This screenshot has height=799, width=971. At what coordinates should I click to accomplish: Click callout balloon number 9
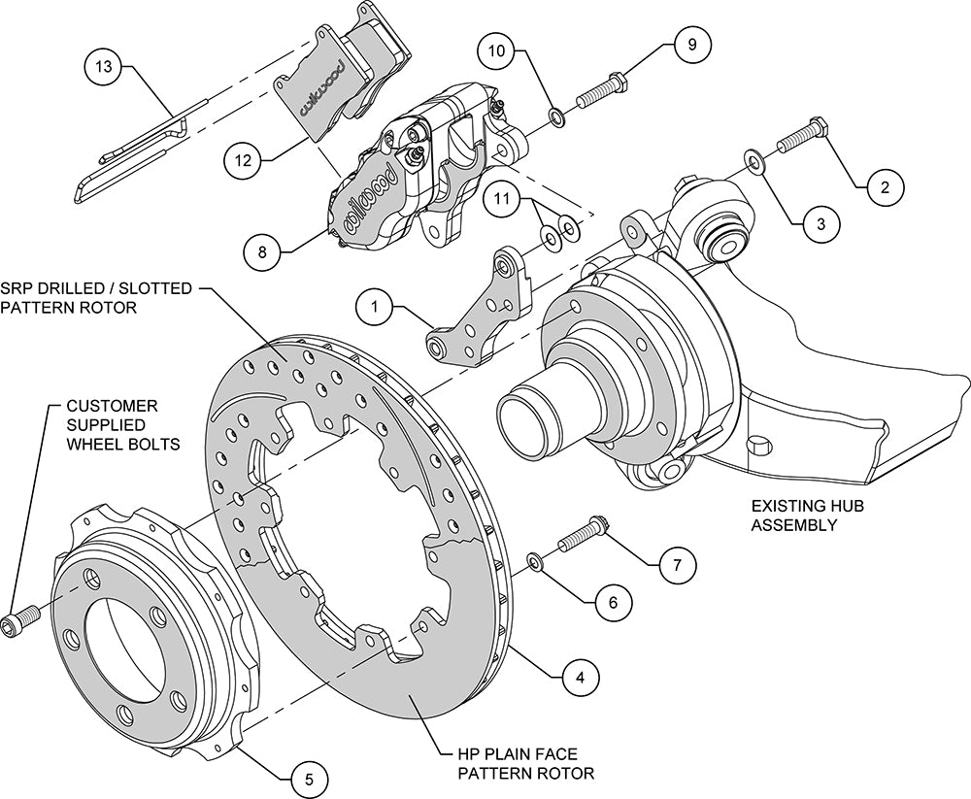tap(692, 44)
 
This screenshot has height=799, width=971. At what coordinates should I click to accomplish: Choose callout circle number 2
tap(884, 187)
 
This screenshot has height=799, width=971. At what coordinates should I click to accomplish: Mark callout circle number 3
tap(820, 222)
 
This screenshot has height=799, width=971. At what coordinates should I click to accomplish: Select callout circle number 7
tap(678, 564)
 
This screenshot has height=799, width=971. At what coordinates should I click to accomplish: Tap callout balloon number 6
tap(612, 601)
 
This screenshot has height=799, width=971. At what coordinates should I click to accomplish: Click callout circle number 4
tap(580, 676)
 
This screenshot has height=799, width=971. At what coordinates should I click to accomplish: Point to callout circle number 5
tap(308, 778)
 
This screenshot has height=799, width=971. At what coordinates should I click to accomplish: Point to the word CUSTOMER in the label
tap(112, 405)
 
